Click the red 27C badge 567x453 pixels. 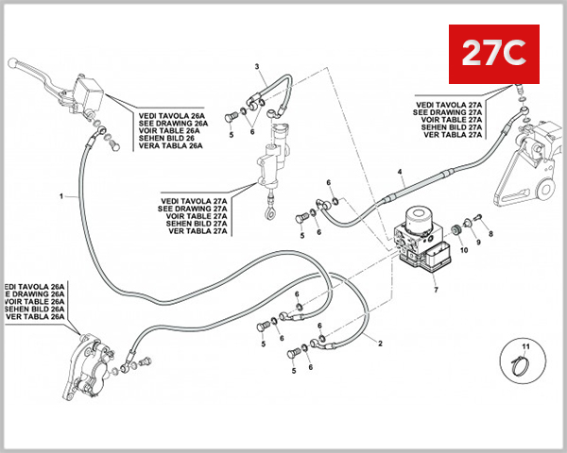[492, 54]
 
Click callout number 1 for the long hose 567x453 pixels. [61, 196]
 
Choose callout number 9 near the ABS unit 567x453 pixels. [477, 243]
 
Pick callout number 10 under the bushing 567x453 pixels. [463, 250]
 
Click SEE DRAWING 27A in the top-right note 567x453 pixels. [448, 112]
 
